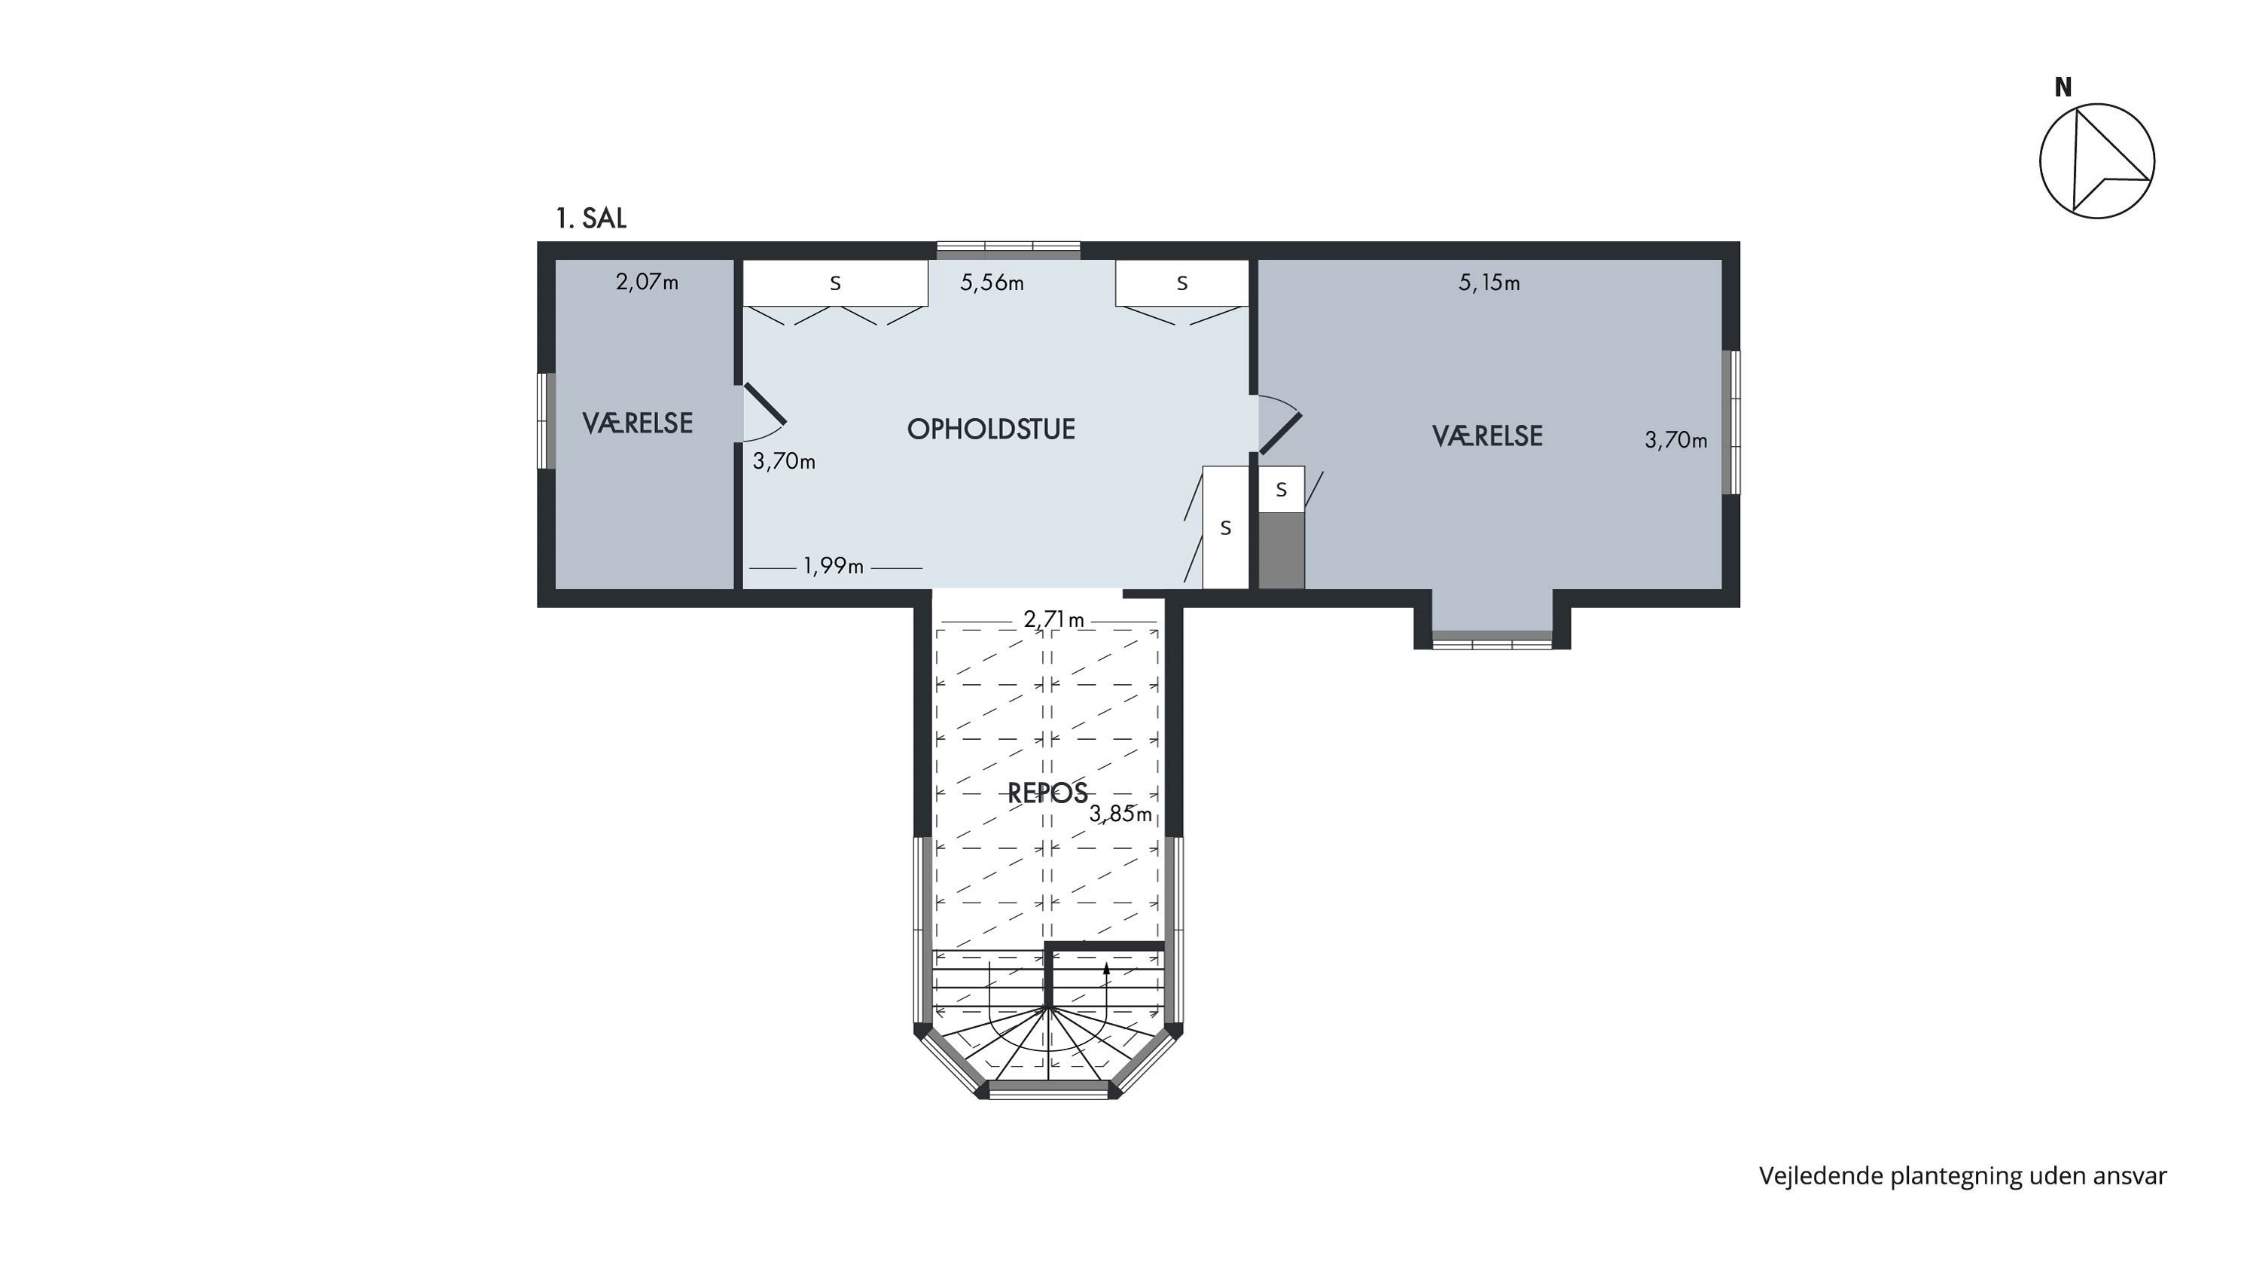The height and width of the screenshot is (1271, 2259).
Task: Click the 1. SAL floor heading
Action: (x=591, y=218)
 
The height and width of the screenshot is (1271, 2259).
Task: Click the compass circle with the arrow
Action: (x=2097, y=161)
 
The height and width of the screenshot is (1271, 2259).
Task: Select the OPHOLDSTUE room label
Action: (x=991, y=429)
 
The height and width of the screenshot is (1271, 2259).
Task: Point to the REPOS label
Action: (x=1047, y=793)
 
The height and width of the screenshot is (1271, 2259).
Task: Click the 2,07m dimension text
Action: (x=647, y=283)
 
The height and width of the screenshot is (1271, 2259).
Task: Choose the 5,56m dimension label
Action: (x=992, y=283)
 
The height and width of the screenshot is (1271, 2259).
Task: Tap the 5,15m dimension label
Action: (x=1489, y=283)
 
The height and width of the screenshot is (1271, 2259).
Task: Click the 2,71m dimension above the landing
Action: (x=1054, y=620)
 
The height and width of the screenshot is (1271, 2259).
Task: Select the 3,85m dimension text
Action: (x=1120, y=814)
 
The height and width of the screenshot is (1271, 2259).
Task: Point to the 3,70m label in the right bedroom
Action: (x=1676, y=440)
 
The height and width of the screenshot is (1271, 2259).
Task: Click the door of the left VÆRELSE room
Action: (x=764, y=404)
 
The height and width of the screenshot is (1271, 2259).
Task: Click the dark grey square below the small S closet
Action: (x=1281, y=551)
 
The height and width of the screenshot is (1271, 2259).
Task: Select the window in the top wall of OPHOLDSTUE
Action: (x=1008, y=249)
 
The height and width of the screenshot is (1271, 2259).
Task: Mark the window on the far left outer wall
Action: (x=547, y=421)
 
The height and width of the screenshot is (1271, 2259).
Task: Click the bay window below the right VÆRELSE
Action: (x=1492, y=640)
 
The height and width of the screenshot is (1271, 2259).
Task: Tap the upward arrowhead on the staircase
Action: (x=1107, y=968)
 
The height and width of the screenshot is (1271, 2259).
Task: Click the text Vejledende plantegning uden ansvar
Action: (x=1962, y=1176)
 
